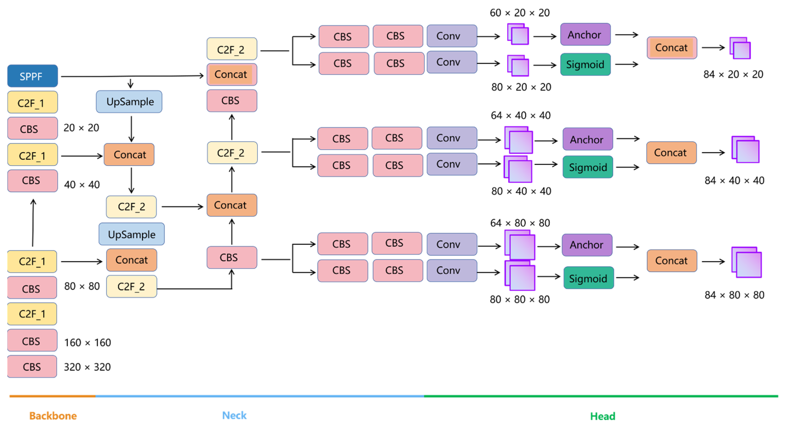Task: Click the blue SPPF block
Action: (x=33, y=76)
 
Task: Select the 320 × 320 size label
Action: (x=87, y=367)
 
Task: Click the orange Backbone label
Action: (x=53, y=416)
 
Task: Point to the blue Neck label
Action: (x=234, y=415)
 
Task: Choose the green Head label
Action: (x=603, y=416)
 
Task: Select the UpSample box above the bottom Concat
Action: (x=132, y=234)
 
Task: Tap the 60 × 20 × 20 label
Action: (x=519, y=13)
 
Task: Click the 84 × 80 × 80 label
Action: (x=734, y=295)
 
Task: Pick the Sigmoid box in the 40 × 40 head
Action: (x=588, y=167)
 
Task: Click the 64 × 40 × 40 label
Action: (x=521, y=115)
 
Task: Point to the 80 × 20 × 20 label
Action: (x=521, y=87)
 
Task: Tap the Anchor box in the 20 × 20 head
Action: (x=585, y=34)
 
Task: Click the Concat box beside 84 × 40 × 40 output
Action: (x=671, y=153)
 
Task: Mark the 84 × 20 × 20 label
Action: (x=733, y=74)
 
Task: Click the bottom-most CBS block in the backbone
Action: (x=32, y=367)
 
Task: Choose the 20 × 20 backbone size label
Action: (x=81, y=128)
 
